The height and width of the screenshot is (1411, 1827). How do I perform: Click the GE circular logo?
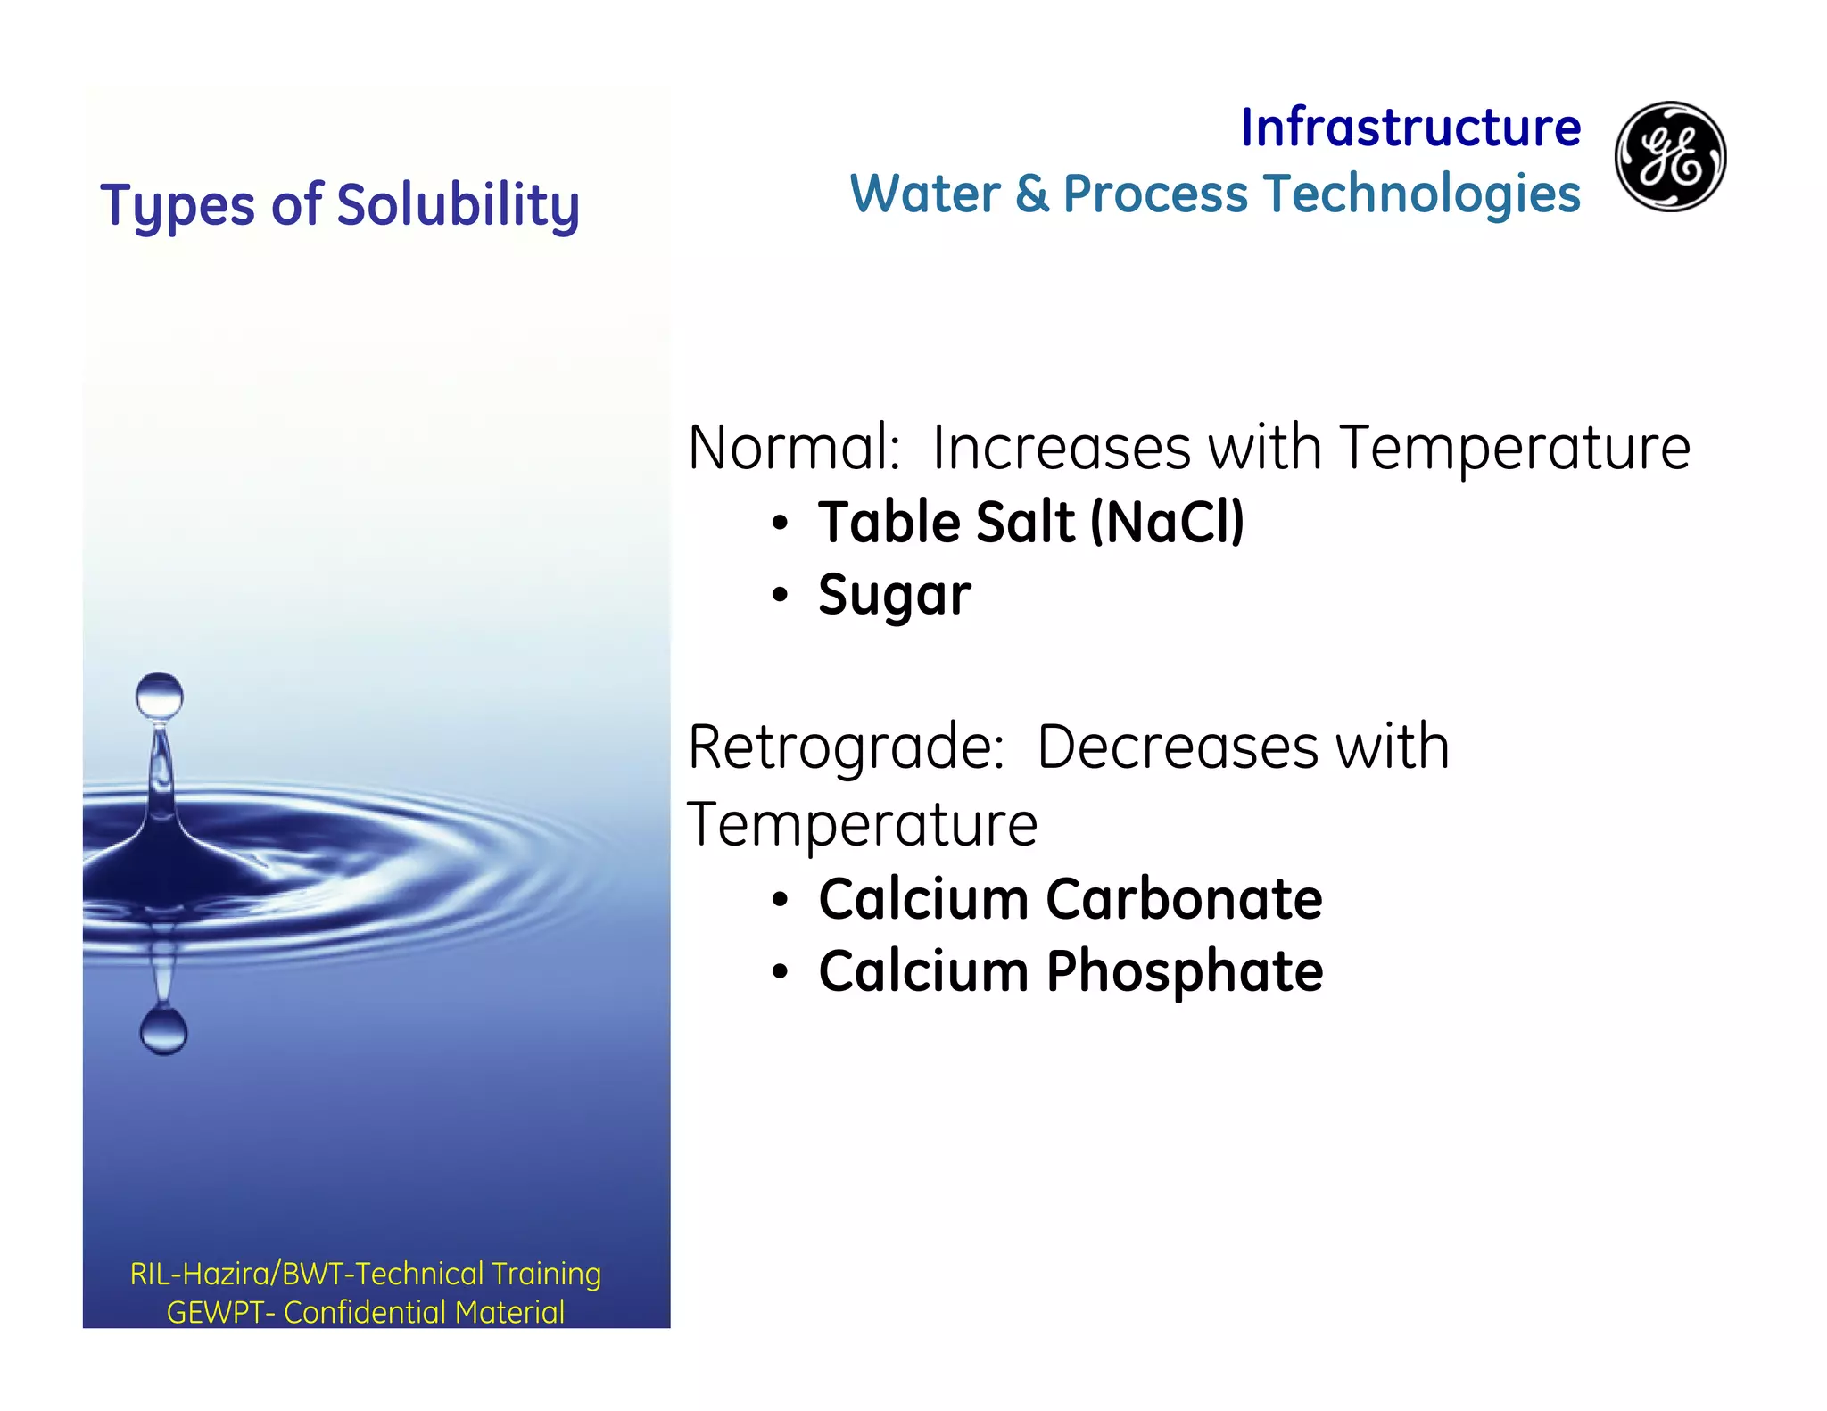(1670, 156)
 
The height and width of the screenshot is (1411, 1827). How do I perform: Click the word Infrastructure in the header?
(1410, 128)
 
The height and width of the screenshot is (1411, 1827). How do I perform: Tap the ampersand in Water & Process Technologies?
(1032, 194)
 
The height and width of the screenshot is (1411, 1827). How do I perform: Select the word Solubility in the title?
(459, 206)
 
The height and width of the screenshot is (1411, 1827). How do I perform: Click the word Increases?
(1062, 447)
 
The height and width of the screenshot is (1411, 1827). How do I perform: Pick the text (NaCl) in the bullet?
(1168, 522)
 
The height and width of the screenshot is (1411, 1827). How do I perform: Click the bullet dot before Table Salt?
(781, 524)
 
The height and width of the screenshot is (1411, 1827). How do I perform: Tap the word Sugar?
(895, 596)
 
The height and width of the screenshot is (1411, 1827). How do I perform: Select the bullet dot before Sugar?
(781, 595)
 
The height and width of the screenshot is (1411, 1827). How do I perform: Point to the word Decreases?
(1178, 747)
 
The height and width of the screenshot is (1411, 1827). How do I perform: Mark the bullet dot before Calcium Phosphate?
(781, 972)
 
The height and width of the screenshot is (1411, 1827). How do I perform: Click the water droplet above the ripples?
(160, 696)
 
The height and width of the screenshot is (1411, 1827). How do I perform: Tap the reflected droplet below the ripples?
(163, 1031)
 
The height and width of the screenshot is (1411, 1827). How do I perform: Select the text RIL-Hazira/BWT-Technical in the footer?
(308, 1274)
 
